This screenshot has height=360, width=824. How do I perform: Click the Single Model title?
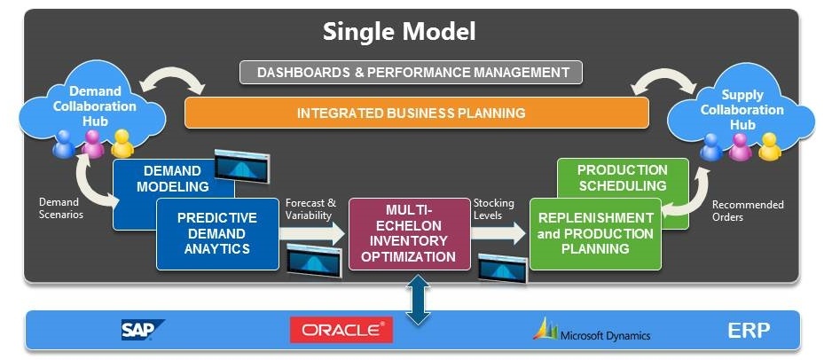[398, 32]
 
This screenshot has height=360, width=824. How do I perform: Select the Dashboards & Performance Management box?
[411, 72]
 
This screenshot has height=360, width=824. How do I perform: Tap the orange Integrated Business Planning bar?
[411, 113]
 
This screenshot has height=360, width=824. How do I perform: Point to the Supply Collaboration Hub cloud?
[742, 111]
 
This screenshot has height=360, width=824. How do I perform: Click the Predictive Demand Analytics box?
[216, 233]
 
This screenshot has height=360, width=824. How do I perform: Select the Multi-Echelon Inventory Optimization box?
[409, 233]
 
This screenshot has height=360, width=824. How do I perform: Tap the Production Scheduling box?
[622, 177]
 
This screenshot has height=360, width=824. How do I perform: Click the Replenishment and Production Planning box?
[595, 234]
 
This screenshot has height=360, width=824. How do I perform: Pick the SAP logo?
[143, 331]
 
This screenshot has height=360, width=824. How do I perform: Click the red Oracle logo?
[341, 330]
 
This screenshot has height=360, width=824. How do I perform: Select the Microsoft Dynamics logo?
[592, 330]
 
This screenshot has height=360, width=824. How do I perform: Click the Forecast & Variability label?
[310, 209]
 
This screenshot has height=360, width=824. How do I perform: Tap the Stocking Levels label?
[493, 209]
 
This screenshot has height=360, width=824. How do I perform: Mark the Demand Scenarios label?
[60, 209]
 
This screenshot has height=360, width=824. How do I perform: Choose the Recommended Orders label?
[749, 211]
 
